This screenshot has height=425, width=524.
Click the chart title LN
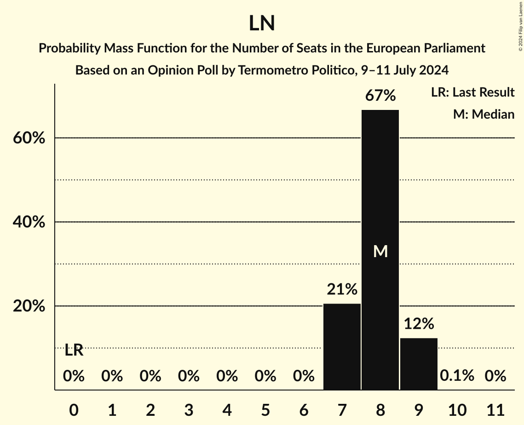(262, 24)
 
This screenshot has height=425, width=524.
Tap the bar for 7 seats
(342, 346)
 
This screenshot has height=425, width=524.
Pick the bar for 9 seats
(419, 363)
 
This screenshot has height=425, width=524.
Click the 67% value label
(380, 96)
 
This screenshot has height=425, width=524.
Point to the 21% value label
(342, 289)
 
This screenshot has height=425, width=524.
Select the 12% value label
(419, 324)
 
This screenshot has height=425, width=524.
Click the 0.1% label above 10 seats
(457, 376)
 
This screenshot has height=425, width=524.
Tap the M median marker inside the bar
(380, 251)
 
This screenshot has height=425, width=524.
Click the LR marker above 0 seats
(74, 350)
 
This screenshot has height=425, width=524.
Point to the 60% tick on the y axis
(29, 138)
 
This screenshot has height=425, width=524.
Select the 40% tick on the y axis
(29, 222)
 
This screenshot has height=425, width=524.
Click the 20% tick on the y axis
(29, 306)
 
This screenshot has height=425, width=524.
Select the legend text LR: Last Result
(472, 92)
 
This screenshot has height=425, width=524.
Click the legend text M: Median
(484, 114)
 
